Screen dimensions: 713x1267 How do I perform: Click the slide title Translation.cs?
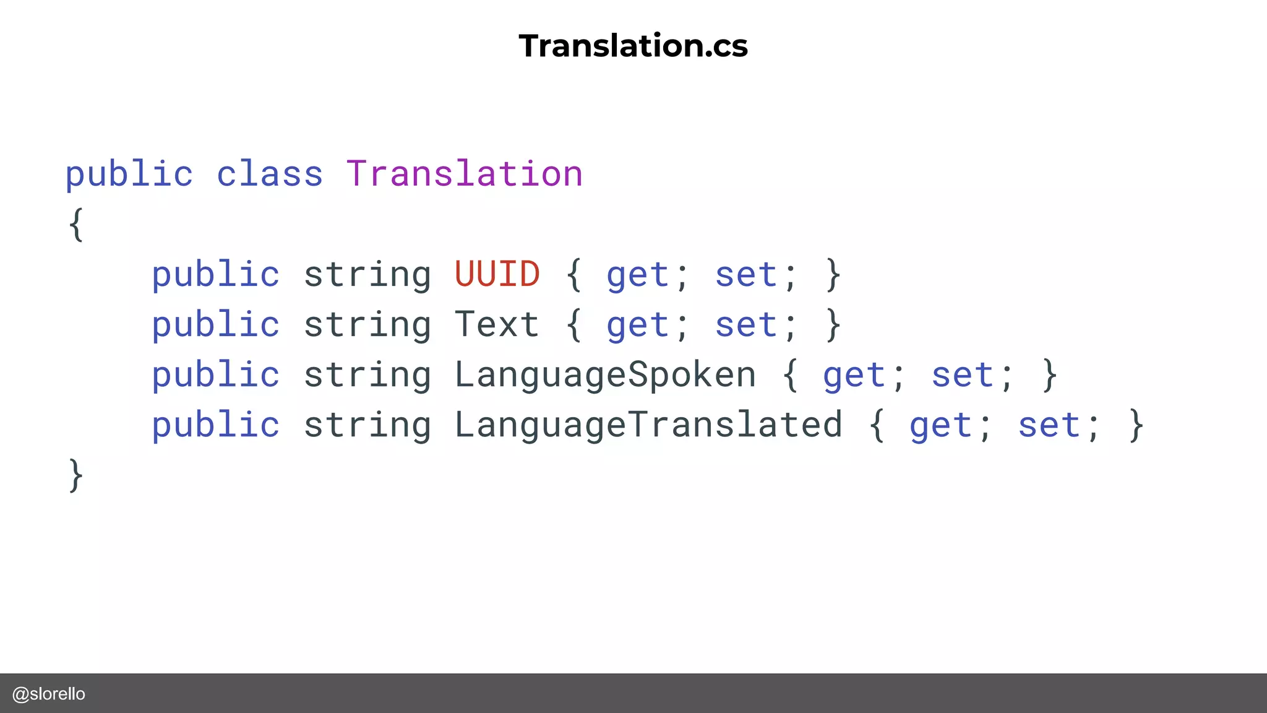tap(633, 46)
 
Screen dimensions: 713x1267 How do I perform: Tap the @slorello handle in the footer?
tap(49, 694)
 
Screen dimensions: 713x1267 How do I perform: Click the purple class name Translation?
tap(464, 174)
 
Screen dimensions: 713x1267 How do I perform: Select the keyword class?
tap(270, 174)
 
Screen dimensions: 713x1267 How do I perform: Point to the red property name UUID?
tap(497, 274)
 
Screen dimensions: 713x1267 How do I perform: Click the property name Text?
tap(497, 324)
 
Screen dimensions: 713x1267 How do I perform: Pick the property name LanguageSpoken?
tap(605, 375)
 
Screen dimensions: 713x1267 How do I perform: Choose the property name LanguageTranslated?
tap(648, 425)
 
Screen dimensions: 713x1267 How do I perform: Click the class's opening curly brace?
tap(75, 224)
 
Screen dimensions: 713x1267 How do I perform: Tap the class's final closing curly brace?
tap(75, 475)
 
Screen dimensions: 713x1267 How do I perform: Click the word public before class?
tap(129, 174)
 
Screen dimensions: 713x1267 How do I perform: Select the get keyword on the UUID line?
tap(638, 275)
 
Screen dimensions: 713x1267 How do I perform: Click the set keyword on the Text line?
tap(746, 325)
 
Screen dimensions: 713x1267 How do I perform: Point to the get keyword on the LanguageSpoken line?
tap(854, 376)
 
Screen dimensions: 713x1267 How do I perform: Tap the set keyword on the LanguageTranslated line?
tap(1049, 425)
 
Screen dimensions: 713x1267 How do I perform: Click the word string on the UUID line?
tap(367, 275)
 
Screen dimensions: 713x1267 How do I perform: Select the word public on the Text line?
tap(216, 325)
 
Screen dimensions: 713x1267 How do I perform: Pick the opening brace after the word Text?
tap(573, 325)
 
